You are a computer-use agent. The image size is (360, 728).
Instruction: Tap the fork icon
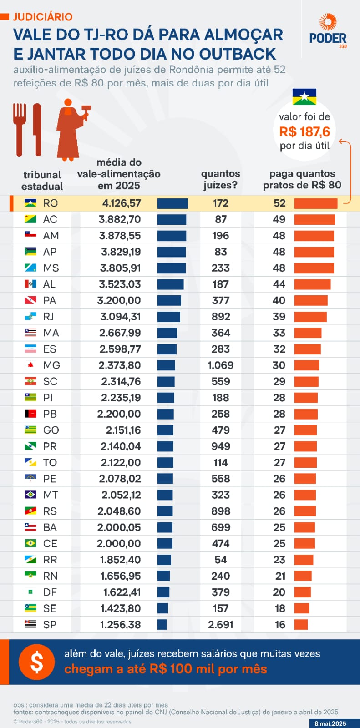pyautogui.click(x=20, y=128)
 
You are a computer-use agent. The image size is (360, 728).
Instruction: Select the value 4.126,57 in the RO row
pyautogui.click(x=122, y=203)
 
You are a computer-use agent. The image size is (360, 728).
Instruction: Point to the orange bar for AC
pyautogui.click(x=314, y=220)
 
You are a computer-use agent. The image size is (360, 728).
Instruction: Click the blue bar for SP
pyautogui.click(x=162, y=625)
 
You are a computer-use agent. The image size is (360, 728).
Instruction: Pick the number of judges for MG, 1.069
pyautogui.click(x=220, y=365)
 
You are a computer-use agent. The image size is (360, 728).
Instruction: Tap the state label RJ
pyautogui.click(x=49, y=317)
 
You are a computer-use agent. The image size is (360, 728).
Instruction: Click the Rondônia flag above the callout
pyautogui.click(x=304, y=97)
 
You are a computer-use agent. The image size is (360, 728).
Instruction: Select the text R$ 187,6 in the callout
pyautogui.click(x=304, y=132)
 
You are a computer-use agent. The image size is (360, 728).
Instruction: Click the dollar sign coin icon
pyautogui.click(x=37, y=662)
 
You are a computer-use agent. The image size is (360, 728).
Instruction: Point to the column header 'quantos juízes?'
pyautogui.click(x=220, y=179)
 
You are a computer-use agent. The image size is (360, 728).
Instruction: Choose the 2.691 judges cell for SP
pyautogui.click(x=220, y=625)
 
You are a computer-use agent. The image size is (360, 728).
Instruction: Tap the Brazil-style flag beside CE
pyautogui.click(x=30, y=543)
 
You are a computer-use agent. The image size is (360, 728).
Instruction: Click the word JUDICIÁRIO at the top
pyautogui.click(x=43, y=17)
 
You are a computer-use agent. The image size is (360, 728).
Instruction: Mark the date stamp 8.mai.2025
pyautogui.click(x=330, y=723)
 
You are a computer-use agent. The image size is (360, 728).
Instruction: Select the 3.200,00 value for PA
pyautogui.click(x=119, y=301)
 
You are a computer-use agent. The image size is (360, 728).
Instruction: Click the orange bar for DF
pyautogui.click(x=303, y=592)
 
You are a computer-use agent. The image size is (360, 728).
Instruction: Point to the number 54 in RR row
pyautogui.click(x=220, y=560)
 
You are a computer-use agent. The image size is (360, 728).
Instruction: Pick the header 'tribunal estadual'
pyautogui.click(x=42, y=180)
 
